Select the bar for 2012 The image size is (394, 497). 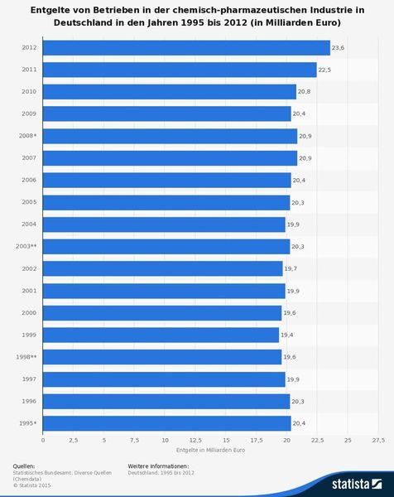click(x=185, y=48)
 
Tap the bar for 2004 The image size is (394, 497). click(x=163, y=224)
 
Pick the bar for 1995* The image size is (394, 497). click(x=166, y=424)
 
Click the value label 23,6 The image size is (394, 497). click(x=338, y=48)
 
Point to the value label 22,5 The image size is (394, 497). click(x=325, y=70)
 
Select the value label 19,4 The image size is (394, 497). click(x=287, y=335)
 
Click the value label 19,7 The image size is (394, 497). click(x=291, y=269)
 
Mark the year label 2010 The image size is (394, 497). click(x=27, y=92)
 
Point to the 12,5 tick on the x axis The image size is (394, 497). click(x=195, y=439)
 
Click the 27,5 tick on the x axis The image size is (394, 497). click(x=378, y=439)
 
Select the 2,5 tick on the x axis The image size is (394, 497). click(x=73, y=439)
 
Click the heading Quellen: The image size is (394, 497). click(x=25, y=467)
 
